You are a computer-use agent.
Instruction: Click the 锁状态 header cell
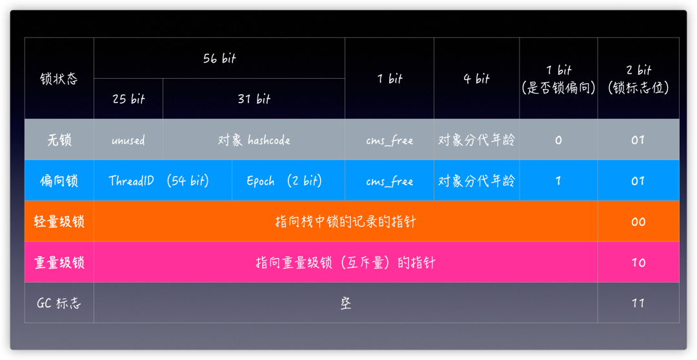click(x=59, y=79)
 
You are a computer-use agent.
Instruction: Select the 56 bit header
click(x=219, y=59)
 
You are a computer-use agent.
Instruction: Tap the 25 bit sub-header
click(x=128, y=99)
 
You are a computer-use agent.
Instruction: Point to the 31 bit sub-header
click(x=254, y=99)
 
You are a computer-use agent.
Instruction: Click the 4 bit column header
click(x=476, y=79)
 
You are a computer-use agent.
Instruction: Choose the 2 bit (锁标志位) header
click(x=638, y=79)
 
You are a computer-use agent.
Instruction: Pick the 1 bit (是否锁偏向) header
click(x=558, y=79)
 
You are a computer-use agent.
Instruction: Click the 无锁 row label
click(x=59, y=140)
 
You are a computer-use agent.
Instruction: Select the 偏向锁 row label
click(x=59, y=181)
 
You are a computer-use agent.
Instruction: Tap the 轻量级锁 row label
click(x=59, y=221)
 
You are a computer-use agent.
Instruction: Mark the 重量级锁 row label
click(x=59, y=263)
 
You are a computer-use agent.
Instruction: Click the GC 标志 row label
click(x=59, y=303)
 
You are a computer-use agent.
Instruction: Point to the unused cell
click(x=128, y=140)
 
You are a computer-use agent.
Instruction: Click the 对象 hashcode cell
click(x=254, y=140)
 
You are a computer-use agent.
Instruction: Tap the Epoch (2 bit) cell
click(x=284, y=181)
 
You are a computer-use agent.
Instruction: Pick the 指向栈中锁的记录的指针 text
click(x=345, y=221)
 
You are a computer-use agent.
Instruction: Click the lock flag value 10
click(x=638, y=263)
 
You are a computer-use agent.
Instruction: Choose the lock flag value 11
click(x=638, y=303)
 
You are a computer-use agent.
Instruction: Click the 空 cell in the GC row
click(x=346, y=303)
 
